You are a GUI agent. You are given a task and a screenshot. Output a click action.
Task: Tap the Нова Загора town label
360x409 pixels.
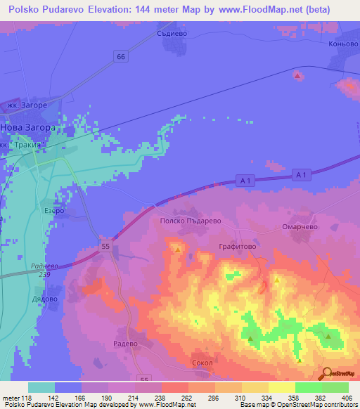pos(28,129)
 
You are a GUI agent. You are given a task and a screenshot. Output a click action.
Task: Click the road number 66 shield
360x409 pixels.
pos(122,56)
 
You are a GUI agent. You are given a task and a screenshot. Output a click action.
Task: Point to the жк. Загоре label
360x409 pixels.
pos(27,105)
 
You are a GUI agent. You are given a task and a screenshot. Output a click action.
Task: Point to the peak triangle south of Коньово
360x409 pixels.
pos(297,75)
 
